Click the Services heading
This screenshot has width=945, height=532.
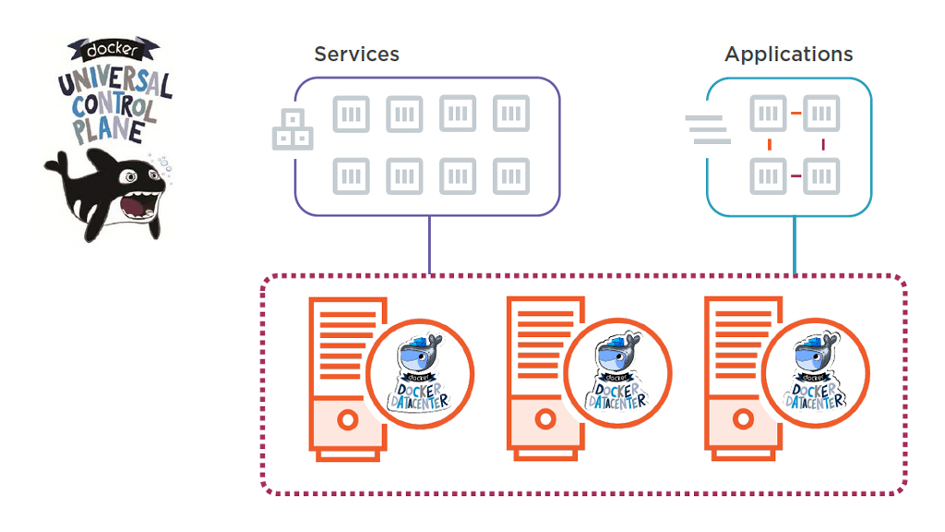click(356, 54)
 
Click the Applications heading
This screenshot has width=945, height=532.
click(788, 54)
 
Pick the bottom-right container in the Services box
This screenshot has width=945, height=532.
click(511, 175)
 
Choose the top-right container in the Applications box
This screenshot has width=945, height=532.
click(821, 114)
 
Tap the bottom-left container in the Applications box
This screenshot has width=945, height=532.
click(768, 175)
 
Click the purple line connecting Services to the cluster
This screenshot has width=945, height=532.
click(430, 245)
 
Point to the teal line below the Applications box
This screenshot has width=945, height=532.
click(795, 245)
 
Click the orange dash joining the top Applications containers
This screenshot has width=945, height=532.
click(795, 114)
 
